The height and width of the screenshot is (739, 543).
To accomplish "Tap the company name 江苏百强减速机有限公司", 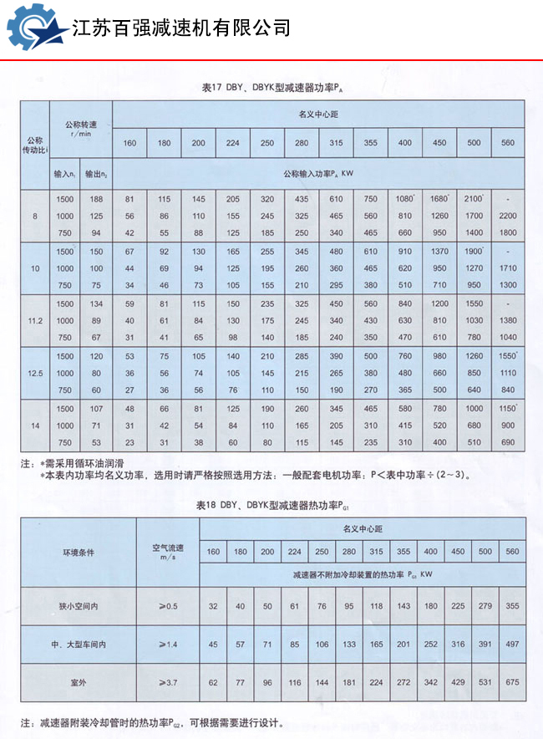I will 181,28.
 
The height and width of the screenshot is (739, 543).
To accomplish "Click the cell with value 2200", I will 509,216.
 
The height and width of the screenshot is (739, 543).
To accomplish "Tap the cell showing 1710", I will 509,268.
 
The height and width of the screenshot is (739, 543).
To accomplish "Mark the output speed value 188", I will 97,199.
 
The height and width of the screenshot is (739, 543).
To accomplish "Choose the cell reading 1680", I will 439,199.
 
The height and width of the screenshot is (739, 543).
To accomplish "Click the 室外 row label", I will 79,683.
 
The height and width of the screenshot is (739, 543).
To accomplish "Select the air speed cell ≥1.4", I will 167,644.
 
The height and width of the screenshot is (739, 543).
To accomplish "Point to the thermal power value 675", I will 512,683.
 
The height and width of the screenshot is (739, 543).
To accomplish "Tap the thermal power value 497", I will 512,644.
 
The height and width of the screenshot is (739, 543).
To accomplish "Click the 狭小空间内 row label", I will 79,605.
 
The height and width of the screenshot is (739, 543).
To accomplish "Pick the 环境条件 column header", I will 79,553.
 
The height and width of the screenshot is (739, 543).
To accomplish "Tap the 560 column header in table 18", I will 512,551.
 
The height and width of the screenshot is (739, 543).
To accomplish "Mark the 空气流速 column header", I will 167,553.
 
